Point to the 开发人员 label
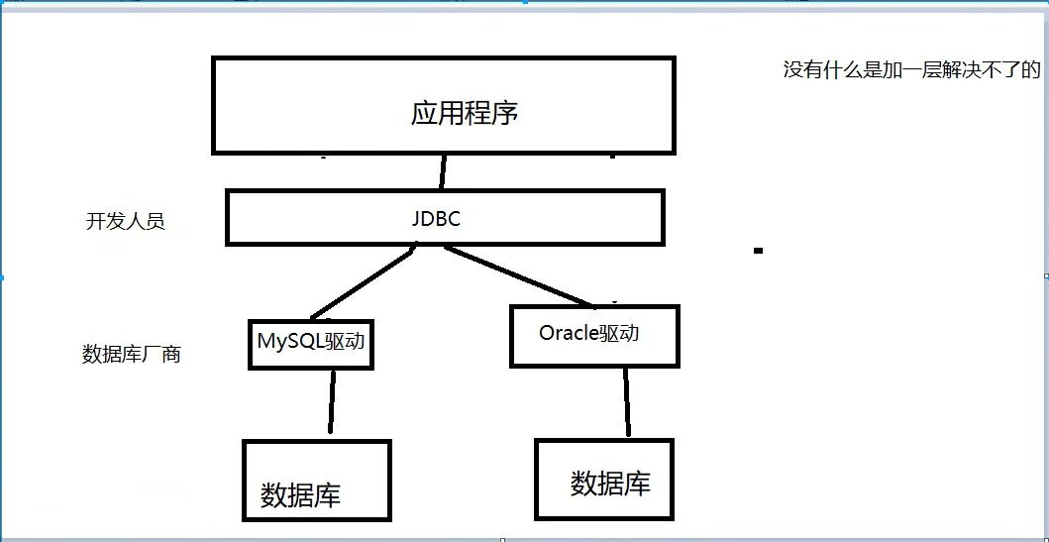125,221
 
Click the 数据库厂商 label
131,354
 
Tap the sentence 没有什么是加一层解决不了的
911,70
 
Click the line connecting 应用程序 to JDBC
443,172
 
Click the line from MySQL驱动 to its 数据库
331,401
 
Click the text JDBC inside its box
436,219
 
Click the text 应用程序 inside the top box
465,112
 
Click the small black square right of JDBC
758,251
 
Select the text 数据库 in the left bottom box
300,494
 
